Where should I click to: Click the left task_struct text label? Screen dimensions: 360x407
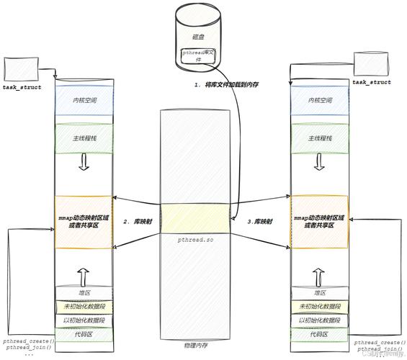click(21, 87)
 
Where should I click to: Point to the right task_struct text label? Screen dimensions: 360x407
click(372, 82)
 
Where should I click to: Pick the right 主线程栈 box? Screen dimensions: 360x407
click(318, 138)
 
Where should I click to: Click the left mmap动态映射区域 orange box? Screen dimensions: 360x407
click(84, 222)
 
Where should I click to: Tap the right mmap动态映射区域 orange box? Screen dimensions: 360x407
click(318, 222)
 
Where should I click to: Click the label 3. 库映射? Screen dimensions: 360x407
click(260, 221)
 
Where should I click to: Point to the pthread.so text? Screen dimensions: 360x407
click(196, 238)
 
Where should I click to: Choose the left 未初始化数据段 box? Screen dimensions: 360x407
click(84, 307)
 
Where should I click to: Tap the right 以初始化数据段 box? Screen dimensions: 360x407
click(318, 320)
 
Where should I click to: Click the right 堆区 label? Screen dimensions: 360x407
click(318, 293)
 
